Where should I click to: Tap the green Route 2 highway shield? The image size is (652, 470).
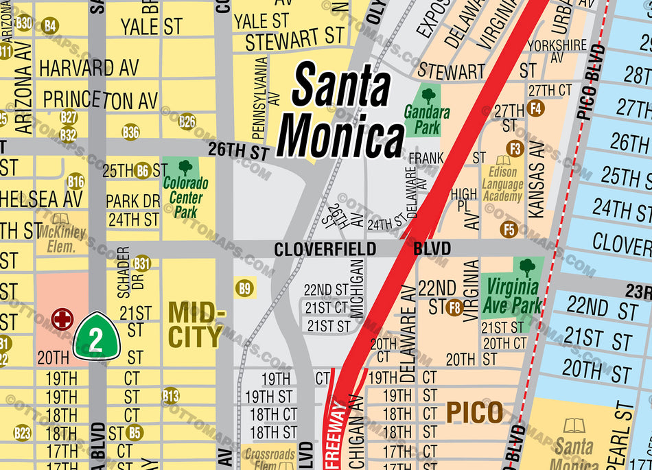(97, 336)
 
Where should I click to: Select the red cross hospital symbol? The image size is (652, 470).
(62, 318)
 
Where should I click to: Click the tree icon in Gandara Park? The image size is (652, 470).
(428, 95)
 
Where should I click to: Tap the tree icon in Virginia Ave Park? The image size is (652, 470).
(527, 267)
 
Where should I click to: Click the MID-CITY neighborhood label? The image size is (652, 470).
(196, 325)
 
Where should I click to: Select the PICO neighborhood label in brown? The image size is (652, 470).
(474, 412)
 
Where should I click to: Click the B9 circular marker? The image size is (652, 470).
(245, 288)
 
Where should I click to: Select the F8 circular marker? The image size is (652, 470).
(454, 307)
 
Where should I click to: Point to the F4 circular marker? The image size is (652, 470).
(536, 108)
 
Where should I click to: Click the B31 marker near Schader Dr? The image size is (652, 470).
(142, 263)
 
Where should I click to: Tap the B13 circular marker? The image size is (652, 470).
(170, 395)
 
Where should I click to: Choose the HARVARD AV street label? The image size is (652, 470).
(89, 69)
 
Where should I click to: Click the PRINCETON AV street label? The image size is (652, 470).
(100, 100)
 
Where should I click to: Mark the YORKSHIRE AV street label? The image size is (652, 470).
(557, 50)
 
